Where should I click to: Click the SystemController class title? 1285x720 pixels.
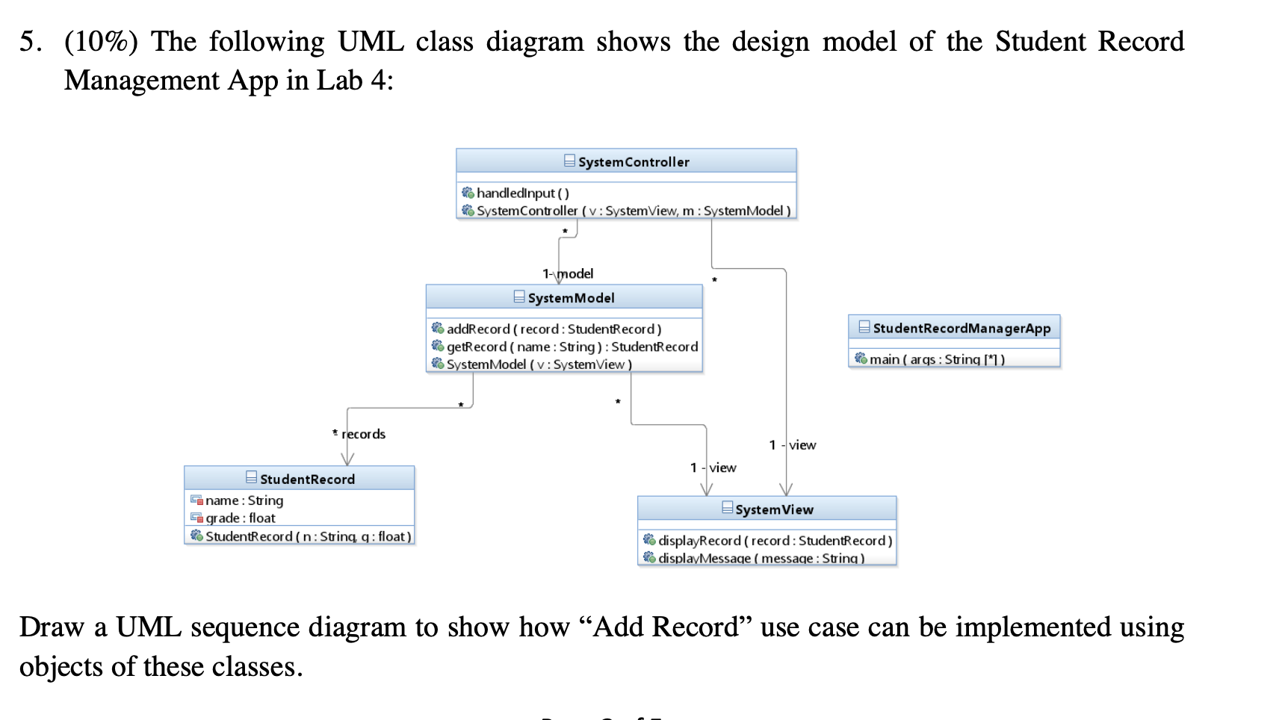tap(633, 162)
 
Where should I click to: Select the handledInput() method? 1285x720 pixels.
tap(522, 193)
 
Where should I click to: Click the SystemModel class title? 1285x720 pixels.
tap(571, 298)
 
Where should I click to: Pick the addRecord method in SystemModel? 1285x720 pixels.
tap(554, 329)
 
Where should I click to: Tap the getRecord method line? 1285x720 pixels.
tap(572, 347)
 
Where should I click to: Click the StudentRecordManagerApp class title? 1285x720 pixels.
tap(961, 329)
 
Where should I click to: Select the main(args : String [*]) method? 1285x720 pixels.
tap(936, 359)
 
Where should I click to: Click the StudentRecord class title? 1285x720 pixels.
tap(306, 480)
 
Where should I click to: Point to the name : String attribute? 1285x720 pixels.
tap(244, 500)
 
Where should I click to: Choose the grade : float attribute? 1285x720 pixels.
tap(240, 518)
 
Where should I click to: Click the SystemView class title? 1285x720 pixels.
tap(773, 510)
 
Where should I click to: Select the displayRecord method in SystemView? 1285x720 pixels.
tap(775, 541)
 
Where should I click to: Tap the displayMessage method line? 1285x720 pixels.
tap(761, 558)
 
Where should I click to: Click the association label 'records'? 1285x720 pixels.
tap(364, 435)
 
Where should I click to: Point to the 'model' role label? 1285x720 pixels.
tap(575, 274)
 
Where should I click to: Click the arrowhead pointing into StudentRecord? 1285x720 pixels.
tap(347, 459)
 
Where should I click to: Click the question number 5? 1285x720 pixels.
tap(30, 42)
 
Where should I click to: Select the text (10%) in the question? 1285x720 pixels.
tap(101, 42)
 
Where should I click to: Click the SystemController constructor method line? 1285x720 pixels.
tap(633, 211)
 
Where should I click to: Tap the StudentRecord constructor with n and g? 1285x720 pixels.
tap(308, 536)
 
